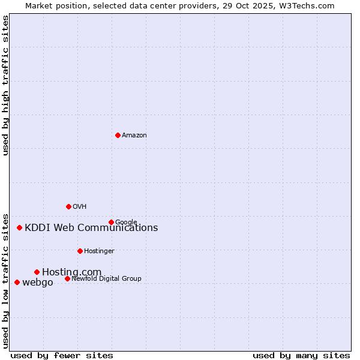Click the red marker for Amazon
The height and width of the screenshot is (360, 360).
coord(118,135)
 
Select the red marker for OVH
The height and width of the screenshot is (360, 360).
coord(68,206)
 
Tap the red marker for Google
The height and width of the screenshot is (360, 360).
coord(111,222)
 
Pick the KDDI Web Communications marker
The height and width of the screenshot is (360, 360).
coord(19,227)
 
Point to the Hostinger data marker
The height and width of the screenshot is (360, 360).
coord(80,251)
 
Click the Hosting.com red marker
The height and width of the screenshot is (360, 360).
coord(37,272)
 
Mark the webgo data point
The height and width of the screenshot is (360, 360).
coord(17,282)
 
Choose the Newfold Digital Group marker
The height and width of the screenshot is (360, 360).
coord(67,278)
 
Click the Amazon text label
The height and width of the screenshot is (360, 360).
coord(134,136)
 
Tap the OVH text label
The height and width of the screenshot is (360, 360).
coord(80,207)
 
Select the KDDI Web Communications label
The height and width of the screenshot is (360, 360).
coord(91,228)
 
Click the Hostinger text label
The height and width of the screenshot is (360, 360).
coord(99,251)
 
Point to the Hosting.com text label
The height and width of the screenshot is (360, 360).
coord(72,272)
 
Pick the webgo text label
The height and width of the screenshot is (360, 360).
coord(38,283)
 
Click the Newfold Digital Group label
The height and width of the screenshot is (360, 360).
coord(106,278)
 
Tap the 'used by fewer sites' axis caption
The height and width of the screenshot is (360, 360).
coord(62,355)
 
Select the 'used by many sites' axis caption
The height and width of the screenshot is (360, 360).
coord(301,355)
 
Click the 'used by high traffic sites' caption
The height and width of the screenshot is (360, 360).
coord(6,85)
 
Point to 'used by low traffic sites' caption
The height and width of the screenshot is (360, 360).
coord(6,281)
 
